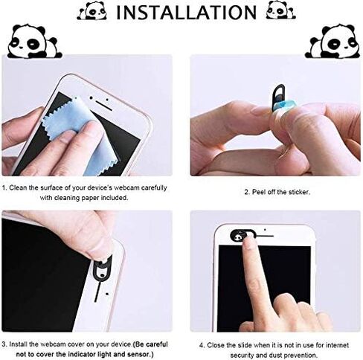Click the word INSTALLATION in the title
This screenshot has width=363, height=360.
pyautogui.click(x=187, y=12)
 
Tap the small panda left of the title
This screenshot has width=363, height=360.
pyautogui.click(x=92, y=10)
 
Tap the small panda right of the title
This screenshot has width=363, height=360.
pyautogui.click(x=280, y=10)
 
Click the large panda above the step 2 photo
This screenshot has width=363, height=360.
pyautogui.click(x=333, y=41)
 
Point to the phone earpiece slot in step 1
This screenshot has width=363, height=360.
pyautogui.click(x=104, y=106)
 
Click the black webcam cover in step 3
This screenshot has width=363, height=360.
pyautogui.click(x=102, y=269)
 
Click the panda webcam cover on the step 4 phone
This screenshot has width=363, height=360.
pyautogui.click(x=242, y=235)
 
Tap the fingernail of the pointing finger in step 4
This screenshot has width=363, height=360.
pyautogui.click(x=248, y=241)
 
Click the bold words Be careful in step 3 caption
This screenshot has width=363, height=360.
pyautogui.click(x=152, y=344)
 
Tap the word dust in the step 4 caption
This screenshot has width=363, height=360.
pyautogui.click(x=275, y=355)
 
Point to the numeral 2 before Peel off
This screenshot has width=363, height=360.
pyautogui.click(x=246, y=192)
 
